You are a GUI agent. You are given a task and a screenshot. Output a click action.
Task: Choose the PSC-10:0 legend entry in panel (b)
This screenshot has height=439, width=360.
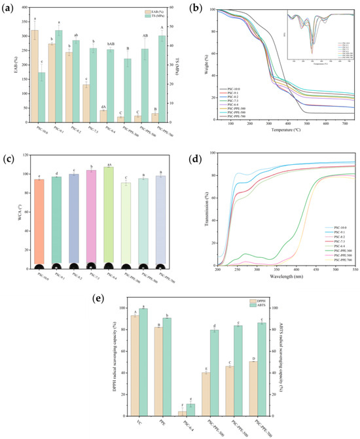pos(238,88)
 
